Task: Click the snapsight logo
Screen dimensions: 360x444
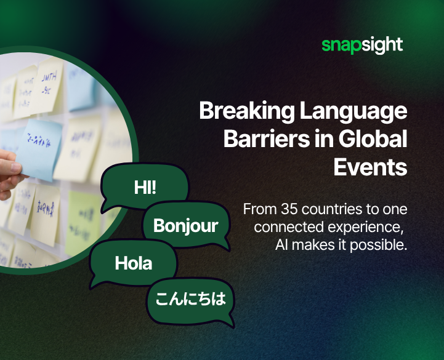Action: click(x=362, y=45)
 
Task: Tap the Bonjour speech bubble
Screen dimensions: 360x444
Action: click(x=185, y=225)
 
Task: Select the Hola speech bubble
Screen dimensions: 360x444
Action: click(x=134, y=263)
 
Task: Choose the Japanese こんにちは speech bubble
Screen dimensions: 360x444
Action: click(x=190, y=300)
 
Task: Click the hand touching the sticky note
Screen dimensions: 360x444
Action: click(x=9, y=169)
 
